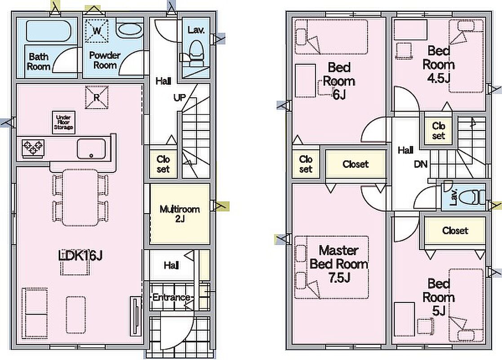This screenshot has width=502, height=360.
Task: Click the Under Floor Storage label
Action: click(64, 122)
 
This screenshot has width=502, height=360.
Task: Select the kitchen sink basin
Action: click(91, 149)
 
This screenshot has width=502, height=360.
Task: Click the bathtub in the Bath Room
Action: click(49, 31)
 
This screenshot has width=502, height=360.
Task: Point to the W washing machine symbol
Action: click(97, 31)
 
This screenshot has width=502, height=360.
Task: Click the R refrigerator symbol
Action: click(97, 97)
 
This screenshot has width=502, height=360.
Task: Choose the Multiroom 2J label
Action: click(180, 214)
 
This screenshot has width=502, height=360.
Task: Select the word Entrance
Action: click(171, 297)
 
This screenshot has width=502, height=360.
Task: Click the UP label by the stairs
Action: click(180, 97)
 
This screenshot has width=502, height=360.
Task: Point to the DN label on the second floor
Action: click(421, 164)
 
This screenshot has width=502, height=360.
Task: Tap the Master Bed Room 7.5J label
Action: click(339, 264)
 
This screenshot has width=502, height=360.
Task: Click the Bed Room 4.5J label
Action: click(438, 64)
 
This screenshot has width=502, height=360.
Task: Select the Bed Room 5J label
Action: click(438, 297)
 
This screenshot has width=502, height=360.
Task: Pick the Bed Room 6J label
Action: click(339, 81)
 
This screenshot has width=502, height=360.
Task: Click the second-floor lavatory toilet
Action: click(472, 197)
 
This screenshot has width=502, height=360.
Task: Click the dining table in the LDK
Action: click(80, 198)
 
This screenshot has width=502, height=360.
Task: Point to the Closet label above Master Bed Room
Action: click(355, 164)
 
